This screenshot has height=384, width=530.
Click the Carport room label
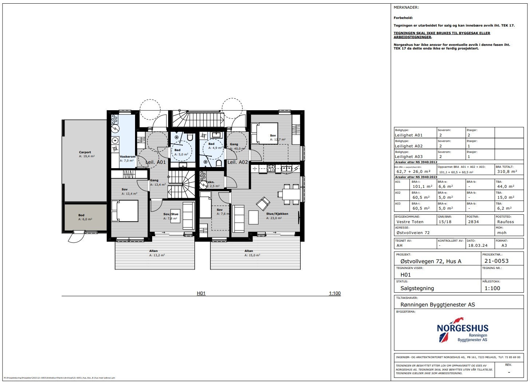85,153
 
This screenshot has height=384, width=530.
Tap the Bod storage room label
81,215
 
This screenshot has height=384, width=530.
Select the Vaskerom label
127,157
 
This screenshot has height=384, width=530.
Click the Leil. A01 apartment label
155,162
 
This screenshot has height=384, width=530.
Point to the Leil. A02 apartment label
237,162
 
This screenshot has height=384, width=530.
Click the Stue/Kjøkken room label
277,214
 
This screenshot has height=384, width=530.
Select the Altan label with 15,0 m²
249,251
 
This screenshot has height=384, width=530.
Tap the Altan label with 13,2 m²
153,251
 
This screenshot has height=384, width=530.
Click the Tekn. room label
210,182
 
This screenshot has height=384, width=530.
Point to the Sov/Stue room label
171,214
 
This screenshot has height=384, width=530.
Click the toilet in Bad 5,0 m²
190,137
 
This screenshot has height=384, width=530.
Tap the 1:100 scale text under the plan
335,293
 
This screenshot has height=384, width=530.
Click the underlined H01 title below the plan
201,293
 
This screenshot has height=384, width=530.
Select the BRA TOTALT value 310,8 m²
506,171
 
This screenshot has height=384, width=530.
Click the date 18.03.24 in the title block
478,245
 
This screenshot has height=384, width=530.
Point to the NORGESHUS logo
462,330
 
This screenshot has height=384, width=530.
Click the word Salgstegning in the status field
417,288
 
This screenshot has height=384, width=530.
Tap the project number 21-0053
497,261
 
